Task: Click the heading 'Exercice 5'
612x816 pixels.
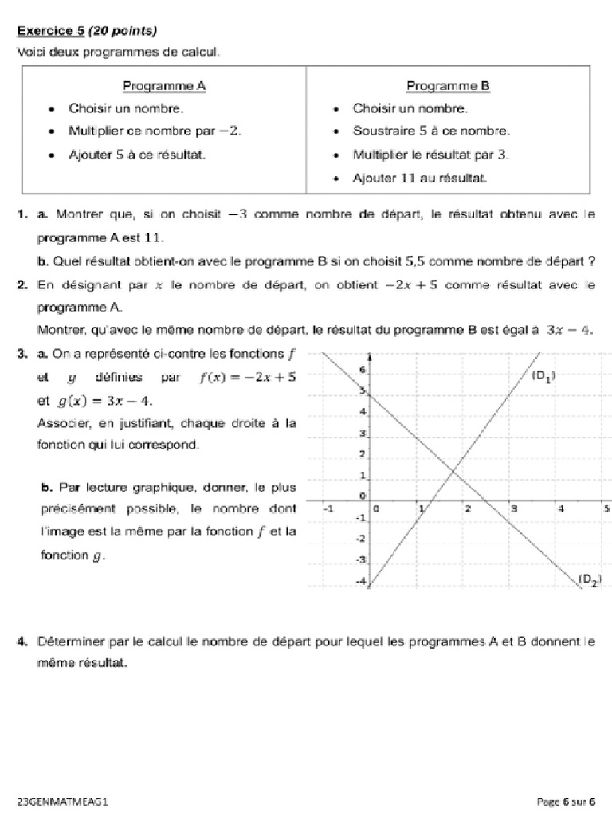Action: coord(51,31)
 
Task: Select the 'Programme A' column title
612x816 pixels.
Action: coord(164,85)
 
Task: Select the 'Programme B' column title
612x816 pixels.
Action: coord(448,85)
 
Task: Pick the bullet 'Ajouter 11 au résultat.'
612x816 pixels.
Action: coord(419,178)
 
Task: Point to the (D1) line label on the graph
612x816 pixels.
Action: coord(543,378)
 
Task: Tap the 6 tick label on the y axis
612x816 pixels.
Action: coord(362,370)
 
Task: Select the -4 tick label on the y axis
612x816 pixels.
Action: coord(360,582)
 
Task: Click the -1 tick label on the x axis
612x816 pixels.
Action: coord(327,508)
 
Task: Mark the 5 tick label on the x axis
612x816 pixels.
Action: coord(606,508)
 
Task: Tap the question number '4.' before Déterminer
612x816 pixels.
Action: coord(24,641)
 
